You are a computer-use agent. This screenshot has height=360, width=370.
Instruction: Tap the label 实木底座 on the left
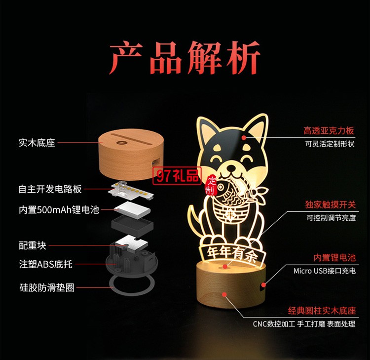[37, 143]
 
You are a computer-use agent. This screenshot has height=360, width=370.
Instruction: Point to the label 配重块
[33, 245]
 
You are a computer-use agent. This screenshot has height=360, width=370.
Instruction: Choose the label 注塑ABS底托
[45, 264]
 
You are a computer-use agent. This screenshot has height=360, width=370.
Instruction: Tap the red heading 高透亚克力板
[329, 131]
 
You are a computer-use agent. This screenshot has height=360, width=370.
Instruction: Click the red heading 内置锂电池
[334, 257]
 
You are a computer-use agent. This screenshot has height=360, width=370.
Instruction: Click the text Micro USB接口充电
[324, 271]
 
